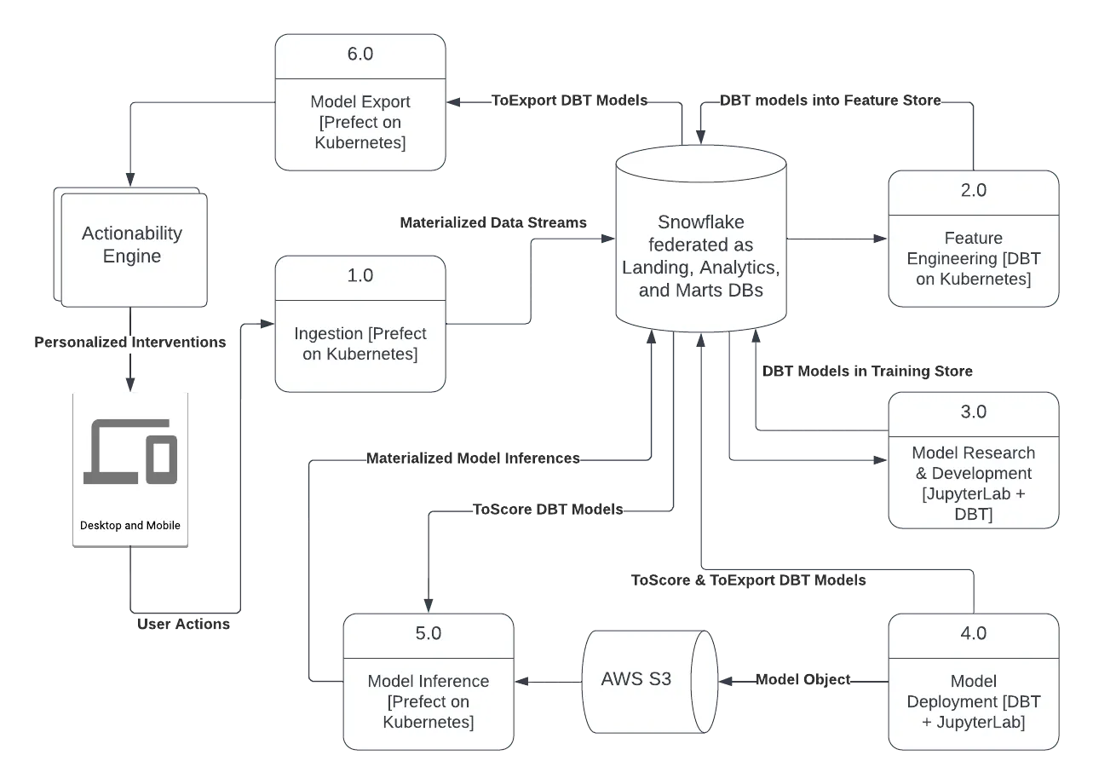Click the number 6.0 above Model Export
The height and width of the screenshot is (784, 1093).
click(x=360, y=55)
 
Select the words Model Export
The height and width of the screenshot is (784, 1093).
click(x=360, y=101)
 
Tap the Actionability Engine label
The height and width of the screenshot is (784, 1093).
click(x=132, y=245)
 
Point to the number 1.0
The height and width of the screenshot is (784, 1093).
click(x=360, y=276)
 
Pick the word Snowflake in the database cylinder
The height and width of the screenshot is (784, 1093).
click(x=700, y=222)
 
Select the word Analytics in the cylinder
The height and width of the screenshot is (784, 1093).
click(x=735, y=267)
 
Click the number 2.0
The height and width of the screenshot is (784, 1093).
click(x=973, y=191)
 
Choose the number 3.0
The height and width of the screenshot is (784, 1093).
click(x=973, y=412)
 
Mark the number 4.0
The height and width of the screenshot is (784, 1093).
click(x=973, y=634)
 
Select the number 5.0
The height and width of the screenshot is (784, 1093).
click(x=428, y=634)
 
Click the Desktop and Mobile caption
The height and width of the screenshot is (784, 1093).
click(x=130, y=526)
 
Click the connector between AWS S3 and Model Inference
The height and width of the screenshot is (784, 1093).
click(x=550, y=682)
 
